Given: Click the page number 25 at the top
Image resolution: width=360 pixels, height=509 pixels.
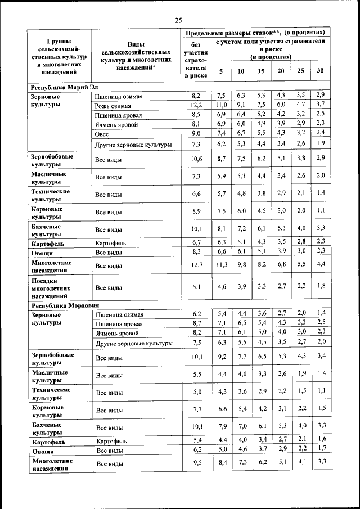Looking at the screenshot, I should (178, 20).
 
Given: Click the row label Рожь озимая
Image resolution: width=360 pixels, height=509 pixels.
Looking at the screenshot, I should (113, 106).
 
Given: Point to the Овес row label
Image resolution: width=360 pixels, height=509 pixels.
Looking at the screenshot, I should (102, 134).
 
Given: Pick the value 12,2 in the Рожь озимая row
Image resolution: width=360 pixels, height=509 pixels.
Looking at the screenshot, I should (196, 105).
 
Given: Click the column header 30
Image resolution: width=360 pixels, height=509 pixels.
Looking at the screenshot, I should (320, 71).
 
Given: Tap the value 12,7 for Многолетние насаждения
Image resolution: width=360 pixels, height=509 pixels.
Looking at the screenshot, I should (196, 265).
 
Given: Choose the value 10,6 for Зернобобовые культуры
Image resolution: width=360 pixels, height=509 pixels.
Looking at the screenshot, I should (196, 160).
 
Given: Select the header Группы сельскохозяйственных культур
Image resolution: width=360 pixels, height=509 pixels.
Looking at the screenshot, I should (59, 57).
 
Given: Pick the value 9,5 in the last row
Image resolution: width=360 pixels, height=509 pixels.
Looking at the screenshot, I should (196, 463).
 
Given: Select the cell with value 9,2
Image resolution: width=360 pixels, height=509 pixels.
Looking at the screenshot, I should (222, 357).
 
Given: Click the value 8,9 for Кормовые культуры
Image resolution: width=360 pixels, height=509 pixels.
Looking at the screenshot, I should (196, 211).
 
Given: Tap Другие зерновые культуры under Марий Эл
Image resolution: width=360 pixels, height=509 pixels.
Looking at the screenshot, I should (133, 145).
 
